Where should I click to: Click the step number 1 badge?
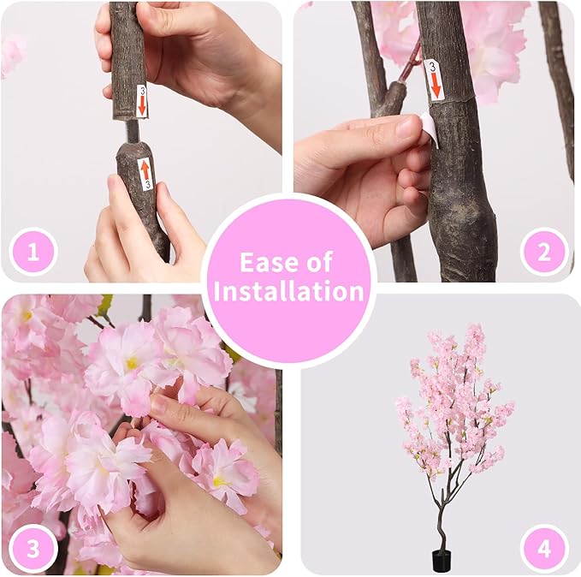tap(33, 253)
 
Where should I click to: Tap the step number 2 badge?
tap(545, 253)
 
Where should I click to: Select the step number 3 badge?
tap(33, 548)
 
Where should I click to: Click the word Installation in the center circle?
tap(288, 291)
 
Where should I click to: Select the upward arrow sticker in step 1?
tap(145, 172)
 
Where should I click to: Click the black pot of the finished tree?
tap(442, 561)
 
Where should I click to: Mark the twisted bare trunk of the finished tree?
tap(441, 514)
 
